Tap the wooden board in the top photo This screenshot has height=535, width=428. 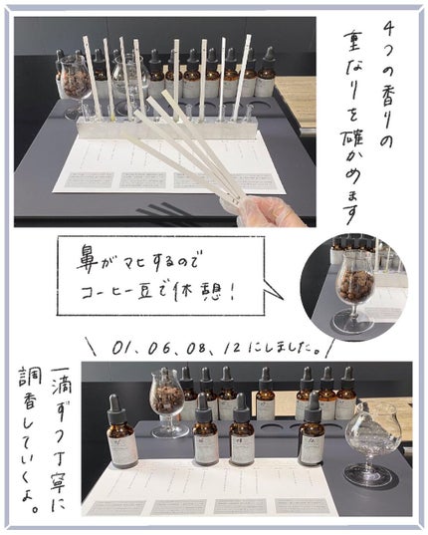(297, 95)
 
